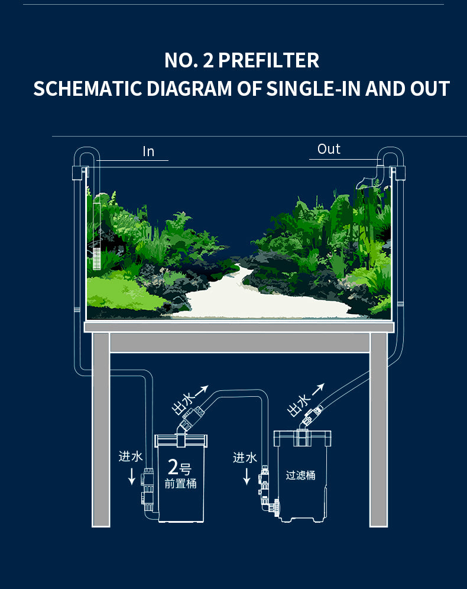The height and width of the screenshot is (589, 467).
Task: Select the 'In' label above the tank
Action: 148,152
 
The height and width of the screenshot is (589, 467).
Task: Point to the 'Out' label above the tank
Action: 329,149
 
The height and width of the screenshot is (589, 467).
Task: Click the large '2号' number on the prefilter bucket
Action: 179,468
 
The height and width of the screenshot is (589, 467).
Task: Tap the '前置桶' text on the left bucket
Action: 180,484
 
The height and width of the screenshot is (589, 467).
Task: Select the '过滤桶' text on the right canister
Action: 300,475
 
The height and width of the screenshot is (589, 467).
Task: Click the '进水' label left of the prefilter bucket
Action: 131,457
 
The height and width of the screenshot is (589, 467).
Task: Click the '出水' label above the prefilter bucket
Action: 183,406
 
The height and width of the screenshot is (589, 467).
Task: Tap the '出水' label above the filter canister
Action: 299,405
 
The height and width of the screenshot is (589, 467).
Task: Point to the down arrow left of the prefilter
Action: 131,477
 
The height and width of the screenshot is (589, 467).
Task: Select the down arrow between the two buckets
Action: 247,477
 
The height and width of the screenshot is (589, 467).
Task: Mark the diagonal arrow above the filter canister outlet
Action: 318,389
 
